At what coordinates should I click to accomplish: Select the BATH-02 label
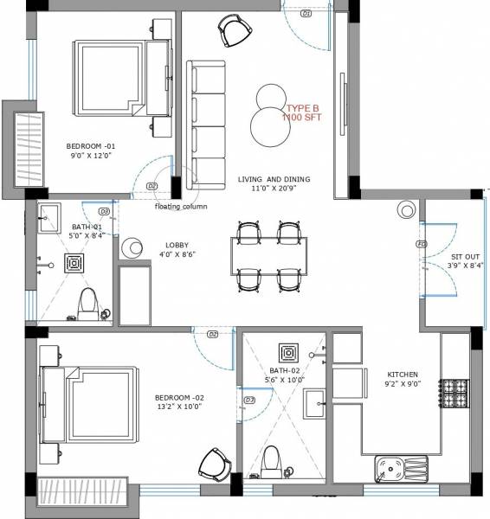click(x=282, y=375)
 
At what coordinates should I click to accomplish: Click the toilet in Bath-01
click(x=87, y=302)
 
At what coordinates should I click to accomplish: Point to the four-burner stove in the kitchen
click(x=455, y=394)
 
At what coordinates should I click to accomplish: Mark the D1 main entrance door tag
click(x=306, y=15)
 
